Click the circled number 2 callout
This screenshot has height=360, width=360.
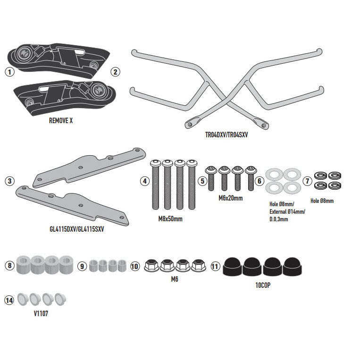[x=116, y=72]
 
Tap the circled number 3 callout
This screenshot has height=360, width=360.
[x=9, y=181]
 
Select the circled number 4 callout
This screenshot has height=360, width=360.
[x=144, y=181]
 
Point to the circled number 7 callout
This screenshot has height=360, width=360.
[x=307, y=181]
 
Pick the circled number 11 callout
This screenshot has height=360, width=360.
[x=216, y=266]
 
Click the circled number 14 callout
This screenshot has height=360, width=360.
[x=9, y=300]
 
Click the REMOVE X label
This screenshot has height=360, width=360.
[x=61, y=120]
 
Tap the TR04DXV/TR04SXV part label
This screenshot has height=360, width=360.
[x=226, y=134]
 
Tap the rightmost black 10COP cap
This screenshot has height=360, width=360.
[x=293, y=267]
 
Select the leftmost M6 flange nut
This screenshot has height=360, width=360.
[x=151, y=266]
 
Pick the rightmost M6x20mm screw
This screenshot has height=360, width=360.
[x=251, y=175]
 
